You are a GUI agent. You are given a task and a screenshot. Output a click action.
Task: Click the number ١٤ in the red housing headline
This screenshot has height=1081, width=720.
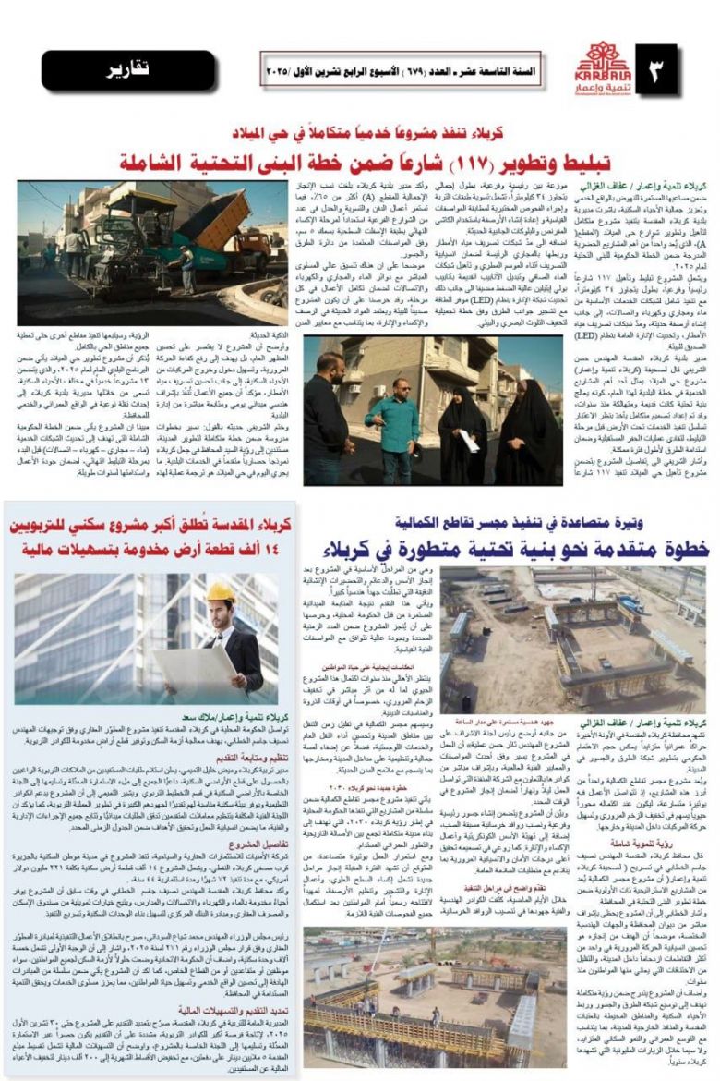pos(283,551)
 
